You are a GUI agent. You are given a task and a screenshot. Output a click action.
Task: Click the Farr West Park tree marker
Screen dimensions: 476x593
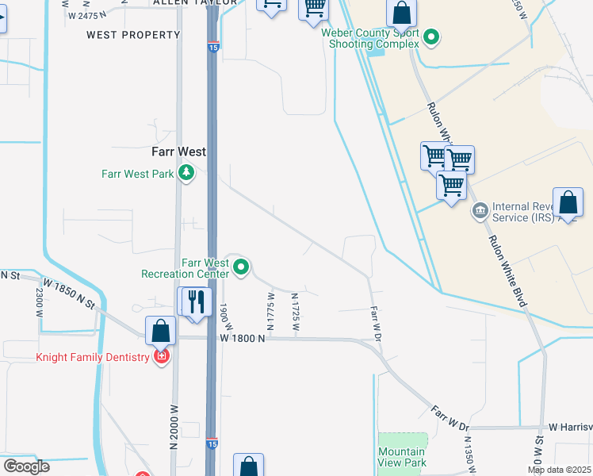[186, 172]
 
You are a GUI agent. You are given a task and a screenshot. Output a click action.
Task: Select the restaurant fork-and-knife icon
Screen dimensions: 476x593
[196, 301]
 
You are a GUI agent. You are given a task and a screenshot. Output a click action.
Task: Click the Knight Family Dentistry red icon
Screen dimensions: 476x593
[162, 357]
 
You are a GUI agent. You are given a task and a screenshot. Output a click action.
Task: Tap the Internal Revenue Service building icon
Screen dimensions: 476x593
[479, 211]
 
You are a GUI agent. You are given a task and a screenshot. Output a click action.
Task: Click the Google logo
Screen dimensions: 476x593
[26, 466]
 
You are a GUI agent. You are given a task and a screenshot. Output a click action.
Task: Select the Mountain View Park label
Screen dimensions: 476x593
[402, 457]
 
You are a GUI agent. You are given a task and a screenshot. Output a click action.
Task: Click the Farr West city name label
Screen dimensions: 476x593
[179, 151]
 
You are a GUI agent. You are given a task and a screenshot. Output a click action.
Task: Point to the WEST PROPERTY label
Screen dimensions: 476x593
[133, 35]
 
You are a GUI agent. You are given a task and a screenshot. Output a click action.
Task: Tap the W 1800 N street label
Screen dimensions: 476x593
[242, 338]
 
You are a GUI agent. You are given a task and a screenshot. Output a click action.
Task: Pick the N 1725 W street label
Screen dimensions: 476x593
[295, 308]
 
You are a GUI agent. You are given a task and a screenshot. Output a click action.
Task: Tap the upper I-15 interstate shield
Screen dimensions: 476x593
[213, 47]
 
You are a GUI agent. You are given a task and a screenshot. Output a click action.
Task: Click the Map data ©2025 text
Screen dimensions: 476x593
[559, 470]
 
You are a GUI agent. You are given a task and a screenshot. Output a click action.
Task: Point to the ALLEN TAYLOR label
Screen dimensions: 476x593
[194, 3]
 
